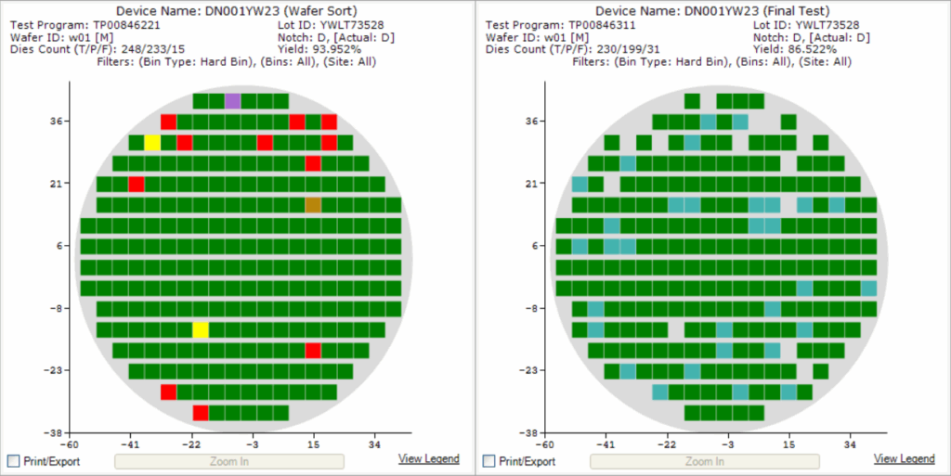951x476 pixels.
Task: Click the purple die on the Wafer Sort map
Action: coord(232,101)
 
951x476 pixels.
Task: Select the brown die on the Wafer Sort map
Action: coord(313,205)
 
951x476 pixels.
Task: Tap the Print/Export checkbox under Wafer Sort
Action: coord(13,461)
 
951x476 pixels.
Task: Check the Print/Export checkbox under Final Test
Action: coord(489,461)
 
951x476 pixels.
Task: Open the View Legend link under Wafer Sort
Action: coord(428,459)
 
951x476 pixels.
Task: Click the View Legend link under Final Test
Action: coord(904,459)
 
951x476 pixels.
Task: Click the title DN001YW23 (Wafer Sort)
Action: coord(238,10)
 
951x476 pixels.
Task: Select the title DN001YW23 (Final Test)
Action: coord(713,10)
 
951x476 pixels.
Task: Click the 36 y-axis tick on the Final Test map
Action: coord(537,122)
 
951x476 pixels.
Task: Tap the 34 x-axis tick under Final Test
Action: coord(851,444)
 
